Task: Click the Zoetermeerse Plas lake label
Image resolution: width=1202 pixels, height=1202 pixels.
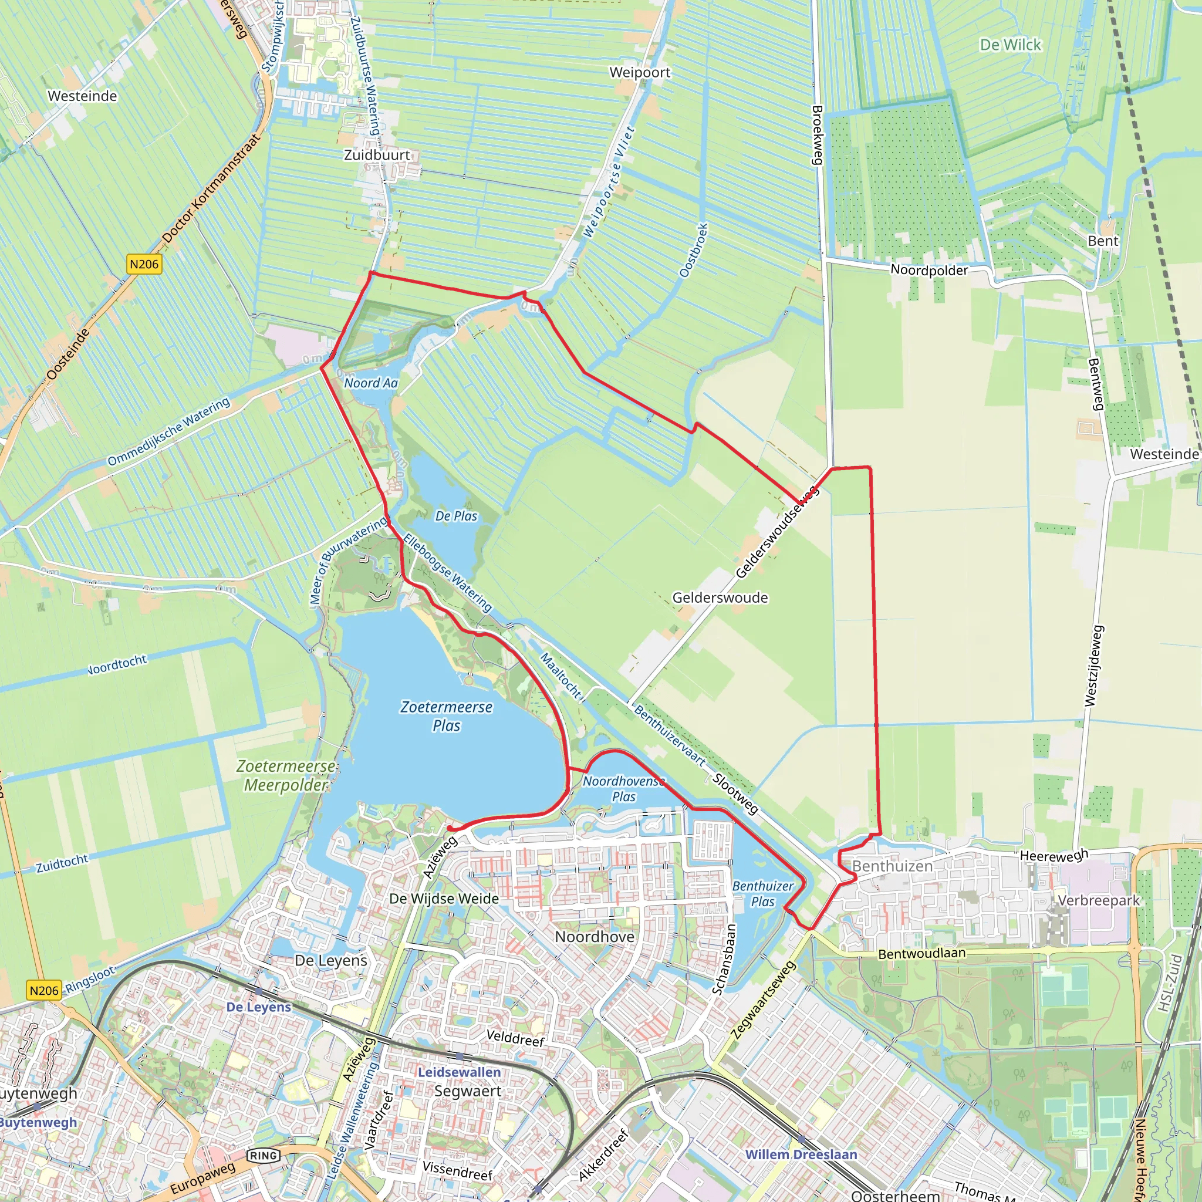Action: point(446,716)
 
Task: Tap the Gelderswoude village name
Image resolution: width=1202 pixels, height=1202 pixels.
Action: point(720,597)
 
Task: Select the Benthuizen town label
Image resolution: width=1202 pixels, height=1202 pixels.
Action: point(892,866)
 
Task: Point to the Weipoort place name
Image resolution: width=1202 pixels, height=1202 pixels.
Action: point(640,72)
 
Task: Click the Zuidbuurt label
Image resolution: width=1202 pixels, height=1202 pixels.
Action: point(377,155)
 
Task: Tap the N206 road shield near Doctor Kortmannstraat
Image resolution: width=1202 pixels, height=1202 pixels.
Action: point(144,264)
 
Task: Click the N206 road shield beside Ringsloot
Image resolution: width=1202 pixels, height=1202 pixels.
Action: point(44,990)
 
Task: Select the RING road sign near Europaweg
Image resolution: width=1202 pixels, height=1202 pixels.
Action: point(263,1155)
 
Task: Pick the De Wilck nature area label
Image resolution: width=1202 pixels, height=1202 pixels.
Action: point(1009,45)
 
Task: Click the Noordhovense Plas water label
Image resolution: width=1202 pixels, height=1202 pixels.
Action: point(623,788)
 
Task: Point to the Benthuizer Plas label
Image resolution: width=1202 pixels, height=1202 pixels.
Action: point(763,893)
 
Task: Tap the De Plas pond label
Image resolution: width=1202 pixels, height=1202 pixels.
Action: point(456,516)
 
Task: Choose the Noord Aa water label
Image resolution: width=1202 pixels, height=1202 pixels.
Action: point(371,383)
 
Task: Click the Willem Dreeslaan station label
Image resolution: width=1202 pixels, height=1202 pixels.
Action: point(801,1154)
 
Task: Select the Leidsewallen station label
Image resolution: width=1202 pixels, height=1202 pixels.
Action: point(459,1072)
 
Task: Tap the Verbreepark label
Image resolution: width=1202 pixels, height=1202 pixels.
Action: point(1099,900)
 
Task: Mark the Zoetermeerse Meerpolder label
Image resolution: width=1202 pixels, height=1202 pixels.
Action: point(286,775)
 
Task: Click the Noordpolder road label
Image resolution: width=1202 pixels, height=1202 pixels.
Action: point(929,270)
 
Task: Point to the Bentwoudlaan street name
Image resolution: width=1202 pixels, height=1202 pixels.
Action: point(921,954)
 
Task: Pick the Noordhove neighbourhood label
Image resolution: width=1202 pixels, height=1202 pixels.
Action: point(594,936)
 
